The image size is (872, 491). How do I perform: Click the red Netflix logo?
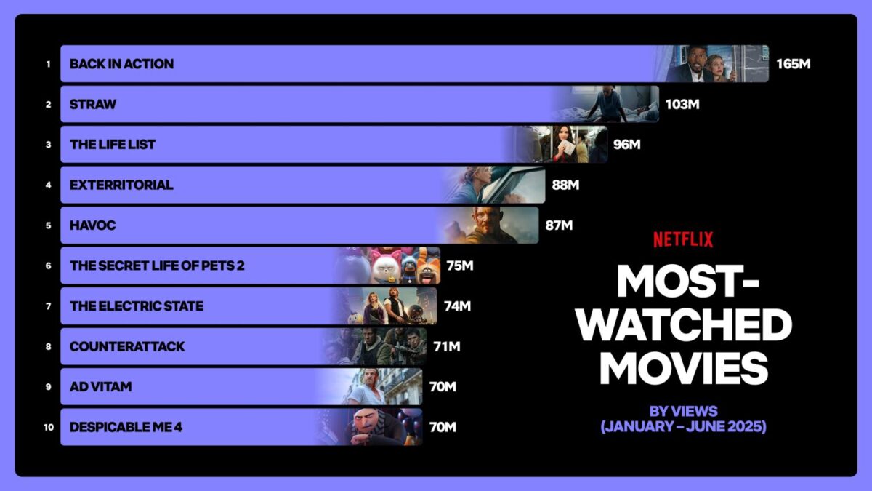(x=683, y=239)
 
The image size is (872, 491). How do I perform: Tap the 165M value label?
(x=794, y=64)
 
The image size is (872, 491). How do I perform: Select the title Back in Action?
(x=121, y=64)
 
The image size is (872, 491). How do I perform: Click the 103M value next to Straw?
(x=682, y=105)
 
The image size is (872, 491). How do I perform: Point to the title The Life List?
(x=113, y=145)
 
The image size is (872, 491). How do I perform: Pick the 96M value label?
(x=626, y=145)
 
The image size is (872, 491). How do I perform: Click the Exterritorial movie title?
(x=121, y=185)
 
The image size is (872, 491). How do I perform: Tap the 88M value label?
(x=565, y=185)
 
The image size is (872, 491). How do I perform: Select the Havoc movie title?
(x=93, y=225)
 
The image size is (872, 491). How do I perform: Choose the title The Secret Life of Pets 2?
(x=157, y=266)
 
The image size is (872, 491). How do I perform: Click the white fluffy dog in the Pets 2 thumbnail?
(x=385, y=269)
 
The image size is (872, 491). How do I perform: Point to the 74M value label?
(x=457, y=306)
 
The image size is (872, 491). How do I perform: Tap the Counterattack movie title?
(x=127, y=346)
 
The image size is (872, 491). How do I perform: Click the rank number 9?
(x=48, y=387)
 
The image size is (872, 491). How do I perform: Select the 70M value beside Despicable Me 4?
(x=443, y=428)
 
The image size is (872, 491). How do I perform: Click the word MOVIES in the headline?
(x=684, y=368)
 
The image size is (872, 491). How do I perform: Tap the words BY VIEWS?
(x=684, y=412)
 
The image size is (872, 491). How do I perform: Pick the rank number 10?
(x=49, y=428)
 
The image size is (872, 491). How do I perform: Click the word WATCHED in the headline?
(x=684, y=324)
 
